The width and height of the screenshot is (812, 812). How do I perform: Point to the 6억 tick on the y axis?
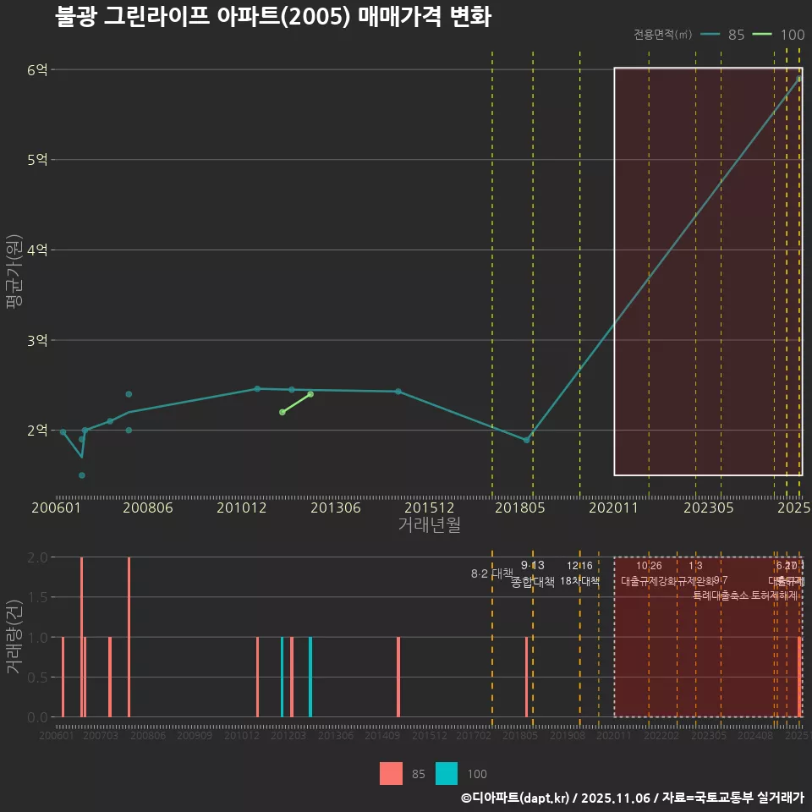[x=36, y=69]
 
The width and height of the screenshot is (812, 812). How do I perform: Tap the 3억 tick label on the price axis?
[x=36, y=340]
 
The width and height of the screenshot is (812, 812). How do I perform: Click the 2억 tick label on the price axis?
[x=36, y=430]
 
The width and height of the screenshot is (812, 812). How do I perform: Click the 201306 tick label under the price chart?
[x=336, y=507]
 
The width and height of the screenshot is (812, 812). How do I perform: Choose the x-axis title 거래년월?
[x=429, y=524]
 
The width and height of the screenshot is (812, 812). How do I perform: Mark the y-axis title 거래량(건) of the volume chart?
[x=14, y=637]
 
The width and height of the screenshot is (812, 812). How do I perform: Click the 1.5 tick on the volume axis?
[x=37, y=597]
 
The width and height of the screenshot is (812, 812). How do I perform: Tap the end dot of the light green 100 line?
[x=310, y=394]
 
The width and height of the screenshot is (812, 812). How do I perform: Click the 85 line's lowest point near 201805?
[x=526, y=440]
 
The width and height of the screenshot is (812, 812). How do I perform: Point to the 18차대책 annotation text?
[x=579, y=581]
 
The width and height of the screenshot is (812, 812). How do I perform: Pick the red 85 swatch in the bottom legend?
[x=391, y=773]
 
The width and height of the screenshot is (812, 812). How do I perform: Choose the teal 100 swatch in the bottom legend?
[x=447, y=773]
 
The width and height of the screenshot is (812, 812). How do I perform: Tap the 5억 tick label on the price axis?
[x=36, y=159]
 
